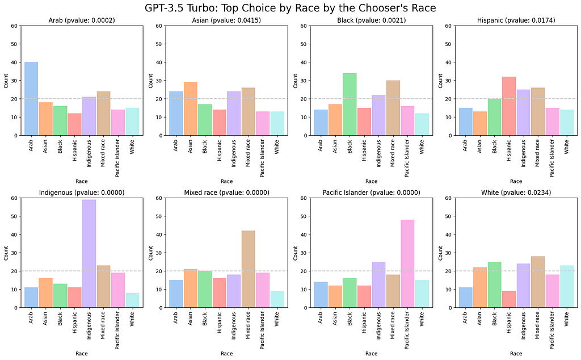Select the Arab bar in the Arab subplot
[x=31, y=99]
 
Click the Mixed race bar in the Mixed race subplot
[x=249, y=269]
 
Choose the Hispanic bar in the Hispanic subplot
[x=509, y=106]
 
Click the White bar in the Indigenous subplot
[x=132, y=300]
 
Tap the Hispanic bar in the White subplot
[x=509, y=299]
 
